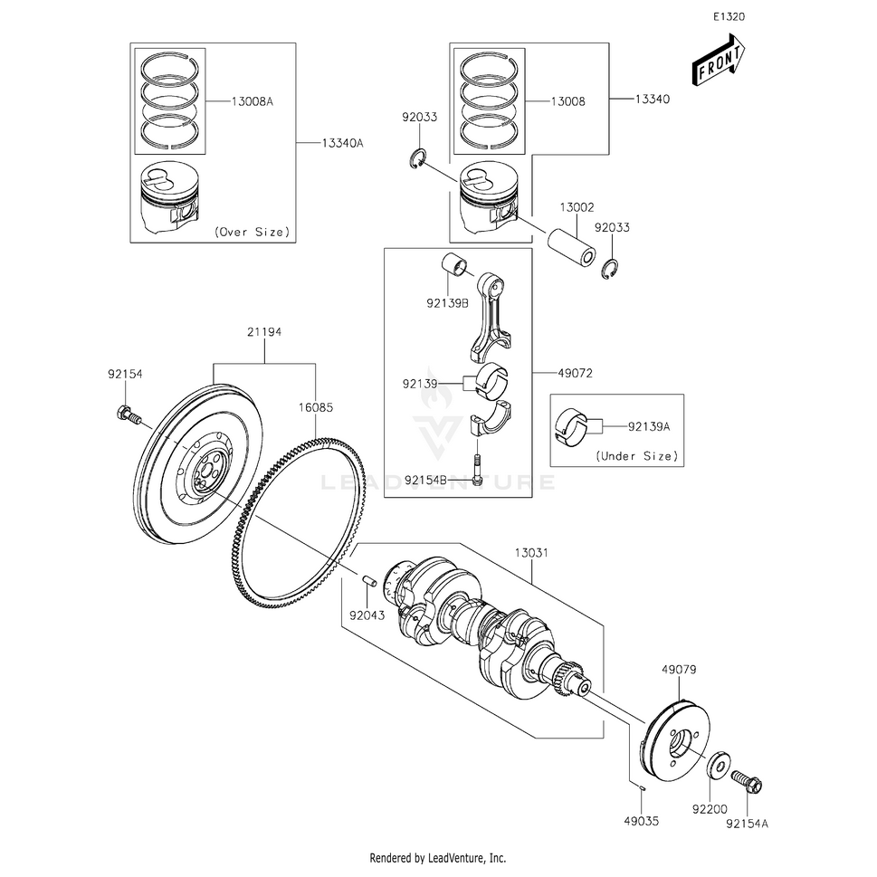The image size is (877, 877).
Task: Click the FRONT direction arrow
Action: tap(720, 62)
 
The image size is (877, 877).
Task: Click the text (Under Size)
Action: tap(637, 456)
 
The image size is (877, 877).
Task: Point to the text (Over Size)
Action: tap(253, 233)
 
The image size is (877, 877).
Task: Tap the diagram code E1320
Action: tap(729, 17)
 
